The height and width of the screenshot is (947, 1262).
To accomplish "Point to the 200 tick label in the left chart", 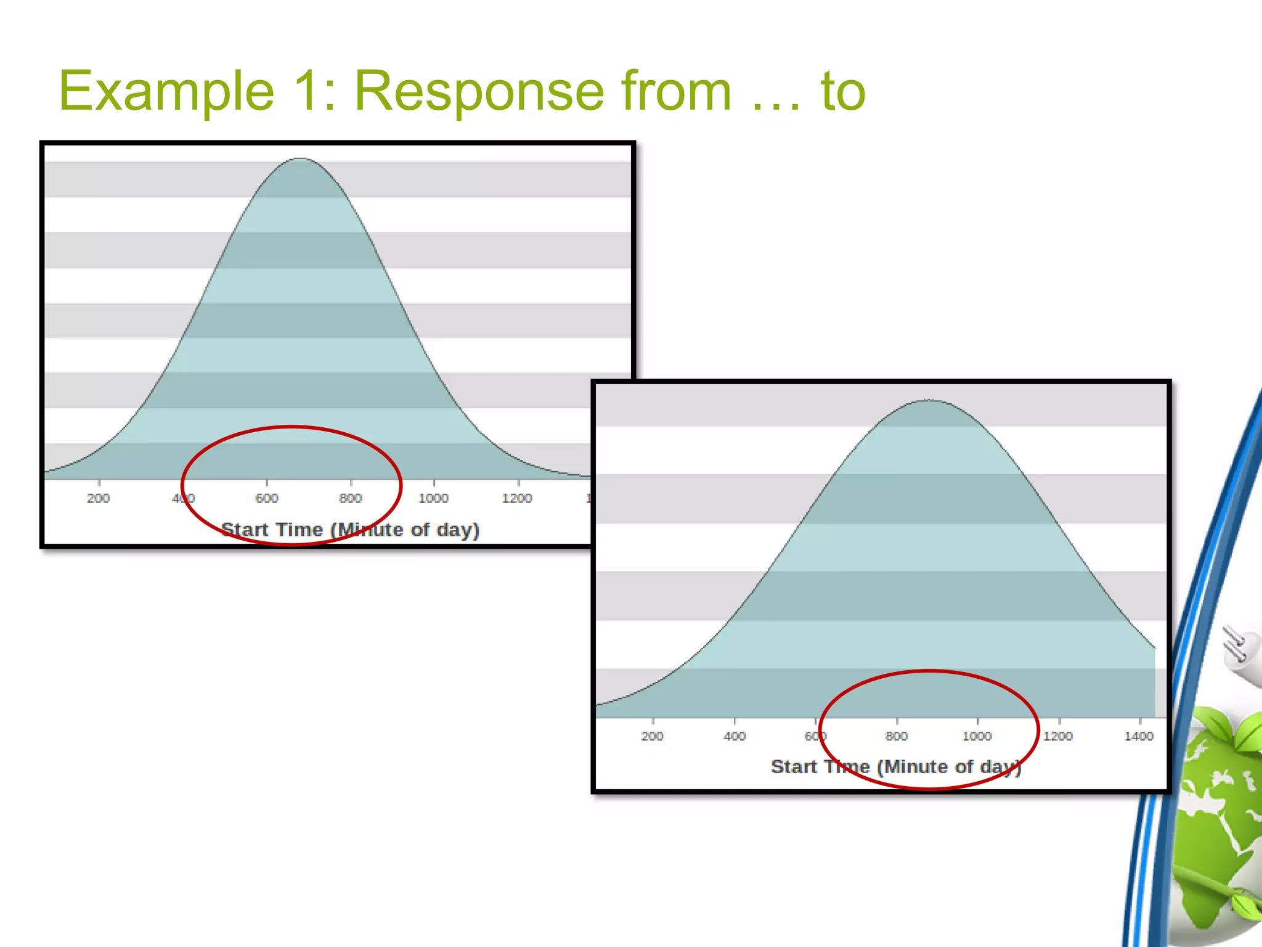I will [x=98, y=498].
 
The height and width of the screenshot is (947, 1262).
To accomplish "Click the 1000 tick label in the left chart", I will [x=433, y=498].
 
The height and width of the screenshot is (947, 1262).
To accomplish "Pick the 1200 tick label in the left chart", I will [x=516, y=498].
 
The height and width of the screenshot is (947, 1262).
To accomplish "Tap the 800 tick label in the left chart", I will [x=350, y=498].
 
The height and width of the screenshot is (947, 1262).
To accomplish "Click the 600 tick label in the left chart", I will [x=266, y=498].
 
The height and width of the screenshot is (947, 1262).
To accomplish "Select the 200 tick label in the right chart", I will [x=652, y=736].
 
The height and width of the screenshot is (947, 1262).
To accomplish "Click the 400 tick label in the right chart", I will [x=734, y=736].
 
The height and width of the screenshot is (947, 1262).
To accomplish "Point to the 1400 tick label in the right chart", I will [x=1138, y=736].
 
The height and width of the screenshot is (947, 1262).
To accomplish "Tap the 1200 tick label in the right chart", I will [x=1057, y=736].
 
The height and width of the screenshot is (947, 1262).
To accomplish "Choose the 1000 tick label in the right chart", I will [x=977, y=736].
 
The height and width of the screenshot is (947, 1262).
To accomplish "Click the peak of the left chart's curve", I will [x=299, y=159].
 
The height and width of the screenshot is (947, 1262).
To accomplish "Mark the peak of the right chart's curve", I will [x=928, y=401].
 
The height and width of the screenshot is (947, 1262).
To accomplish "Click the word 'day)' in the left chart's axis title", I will [x=457, y=530].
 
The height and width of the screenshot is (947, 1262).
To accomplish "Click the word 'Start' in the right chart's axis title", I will [x=794, y=766].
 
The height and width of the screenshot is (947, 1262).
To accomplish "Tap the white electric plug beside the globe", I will [x=1241, y=654].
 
